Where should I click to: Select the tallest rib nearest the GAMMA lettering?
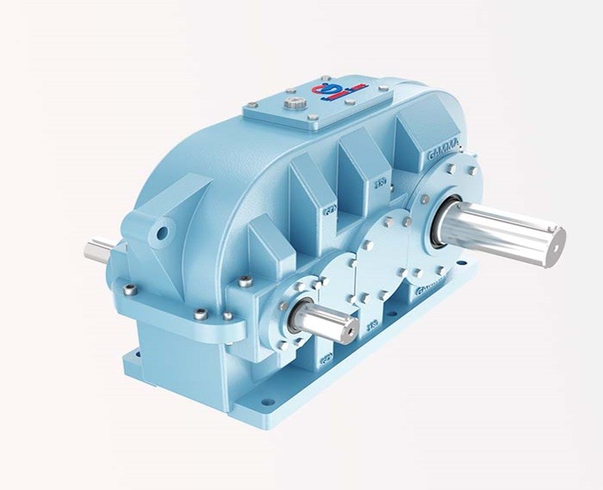click(x=412, y=147)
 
